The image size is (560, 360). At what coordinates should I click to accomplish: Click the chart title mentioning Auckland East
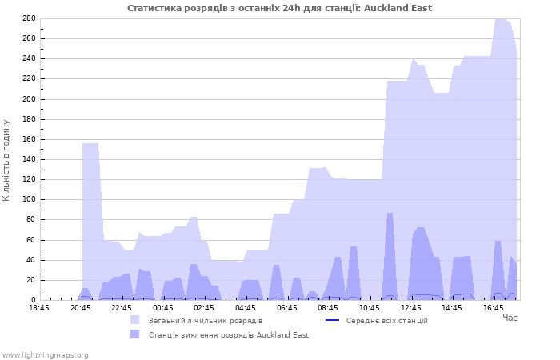point(279,8)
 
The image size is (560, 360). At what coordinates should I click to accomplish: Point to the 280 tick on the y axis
point(29,18)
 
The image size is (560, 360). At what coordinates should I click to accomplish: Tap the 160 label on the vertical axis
point(29,139)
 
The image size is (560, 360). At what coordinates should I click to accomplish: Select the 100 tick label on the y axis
point(29,199)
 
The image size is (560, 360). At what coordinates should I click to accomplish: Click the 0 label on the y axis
point(34,300)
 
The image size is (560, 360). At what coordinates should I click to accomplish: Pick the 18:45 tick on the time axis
point(39,308)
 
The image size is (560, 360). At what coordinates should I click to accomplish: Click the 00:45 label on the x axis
point(163,308)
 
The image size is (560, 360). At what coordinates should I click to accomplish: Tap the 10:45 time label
point(370,308)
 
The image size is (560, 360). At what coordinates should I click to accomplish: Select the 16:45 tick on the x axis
point(494,308)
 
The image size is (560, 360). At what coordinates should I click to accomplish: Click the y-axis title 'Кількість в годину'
point(6,160)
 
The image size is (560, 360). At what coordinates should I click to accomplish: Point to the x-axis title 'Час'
point(510,318)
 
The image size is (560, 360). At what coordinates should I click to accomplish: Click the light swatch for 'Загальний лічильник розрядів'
point(134,320)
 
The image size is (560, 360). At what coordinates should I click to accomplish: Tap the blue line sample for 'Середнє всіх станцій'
point(332,320)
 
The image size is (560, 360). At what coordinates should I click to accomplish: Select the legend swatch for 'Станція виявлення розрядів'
point(134,334)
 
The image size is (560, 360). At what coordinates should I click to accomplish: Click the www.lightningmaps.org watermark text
point(45,355)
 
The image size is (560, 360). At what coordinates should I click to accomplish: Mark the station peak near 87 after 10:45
point(390,214)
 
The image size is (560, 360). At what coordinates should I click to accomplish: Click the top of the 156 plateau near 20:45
point(90,143)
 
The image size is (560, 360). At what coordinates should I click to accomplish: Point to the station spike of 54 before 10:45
point(354,246)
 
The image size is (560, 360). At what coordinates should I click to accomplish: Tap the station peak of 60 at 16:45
point(498,241)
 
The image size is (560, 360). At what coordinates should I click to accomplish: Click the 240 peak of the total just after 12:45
point(413,58)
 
